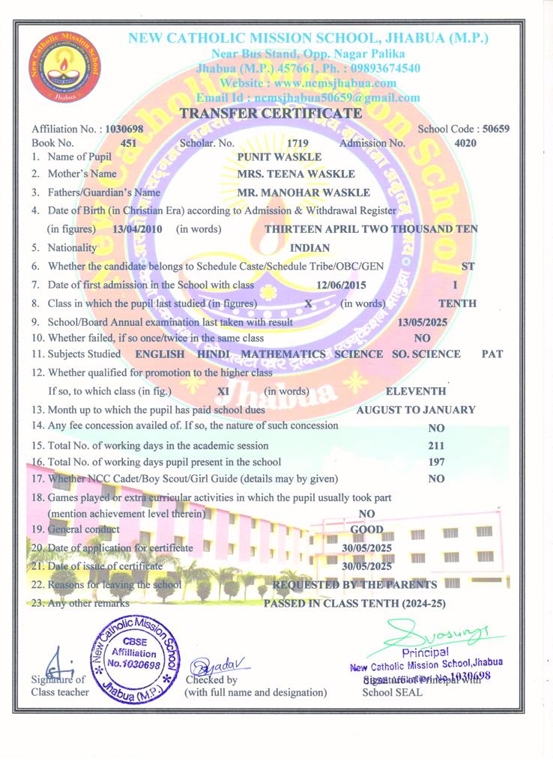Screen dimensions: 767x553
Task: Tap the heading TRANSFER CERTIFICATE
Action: click(x=271, y=113)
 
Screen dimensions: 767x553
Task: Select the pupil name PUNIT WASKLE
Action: click(x=279, y=157)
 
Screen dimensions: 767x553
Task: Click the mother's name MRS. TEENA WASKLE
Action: click(x=284, y=174)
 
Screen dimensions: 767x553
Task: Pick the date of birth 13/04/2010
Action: click(x=136, y=228)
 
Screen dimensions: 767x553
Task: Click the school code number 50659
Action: click(x=496, y=129)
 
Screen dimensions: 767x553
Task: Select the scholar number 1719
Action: click(x=297, y=142)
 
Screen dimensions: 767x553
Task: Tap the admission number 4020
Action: click(x=465, y=142)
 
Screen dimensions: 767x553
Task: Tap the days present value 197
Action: click(x=437, y=462)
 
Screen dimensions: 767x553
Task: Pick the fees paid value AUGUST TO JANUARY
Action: click(x=415, y=410)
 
